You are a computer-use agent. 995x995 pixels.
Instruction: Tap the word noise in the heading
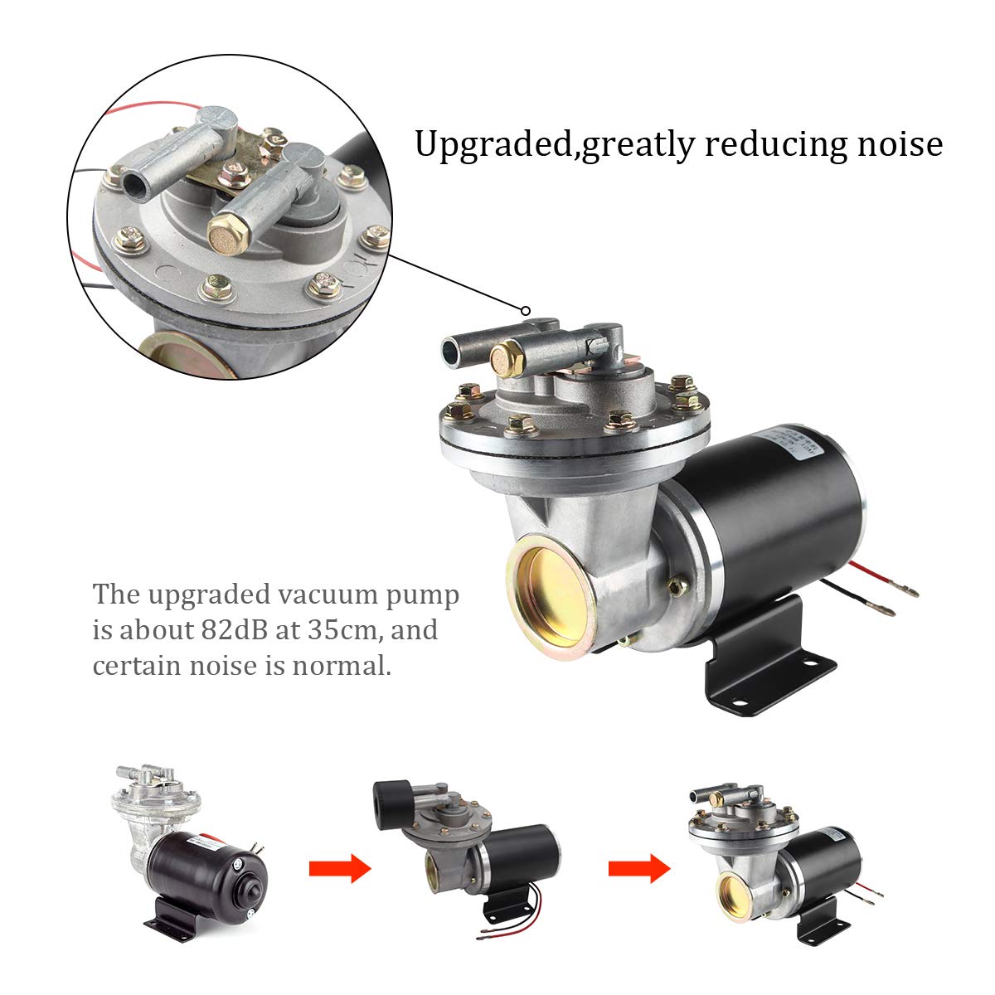coord(899,144)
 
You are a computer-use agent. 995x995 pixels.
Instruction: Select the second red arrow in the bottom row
coord(638,869)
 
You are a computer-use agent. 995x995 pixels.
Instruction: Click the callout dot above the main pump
coord(525,311)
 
